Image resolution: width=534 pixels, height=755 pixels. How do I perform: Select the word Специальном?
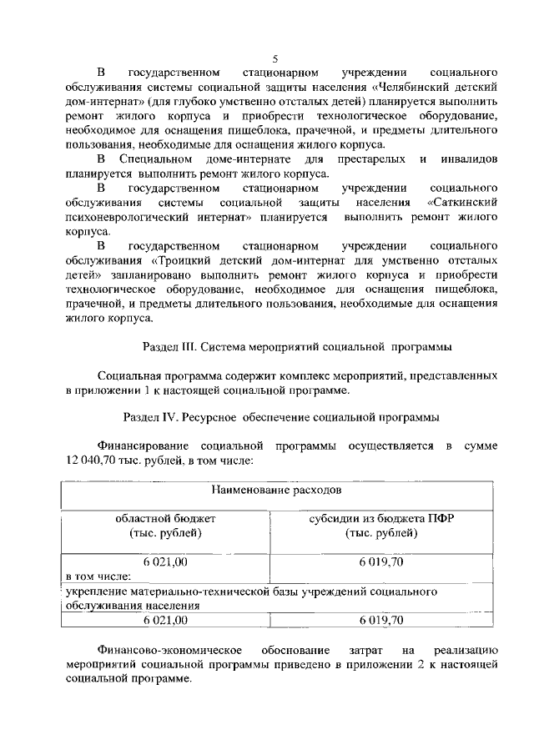[156, 159]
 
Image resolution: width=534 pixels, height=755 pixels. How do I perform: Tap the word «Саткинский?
[462, 203]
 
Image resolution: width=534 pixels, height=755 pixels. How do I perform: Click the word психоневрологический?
[126, 217]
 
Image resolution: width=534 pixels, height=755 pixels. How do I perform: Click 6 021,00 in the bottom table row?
[165, 620]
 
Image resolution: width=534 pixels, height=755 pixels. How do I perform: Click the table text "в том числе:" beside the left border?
[98, 576]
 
